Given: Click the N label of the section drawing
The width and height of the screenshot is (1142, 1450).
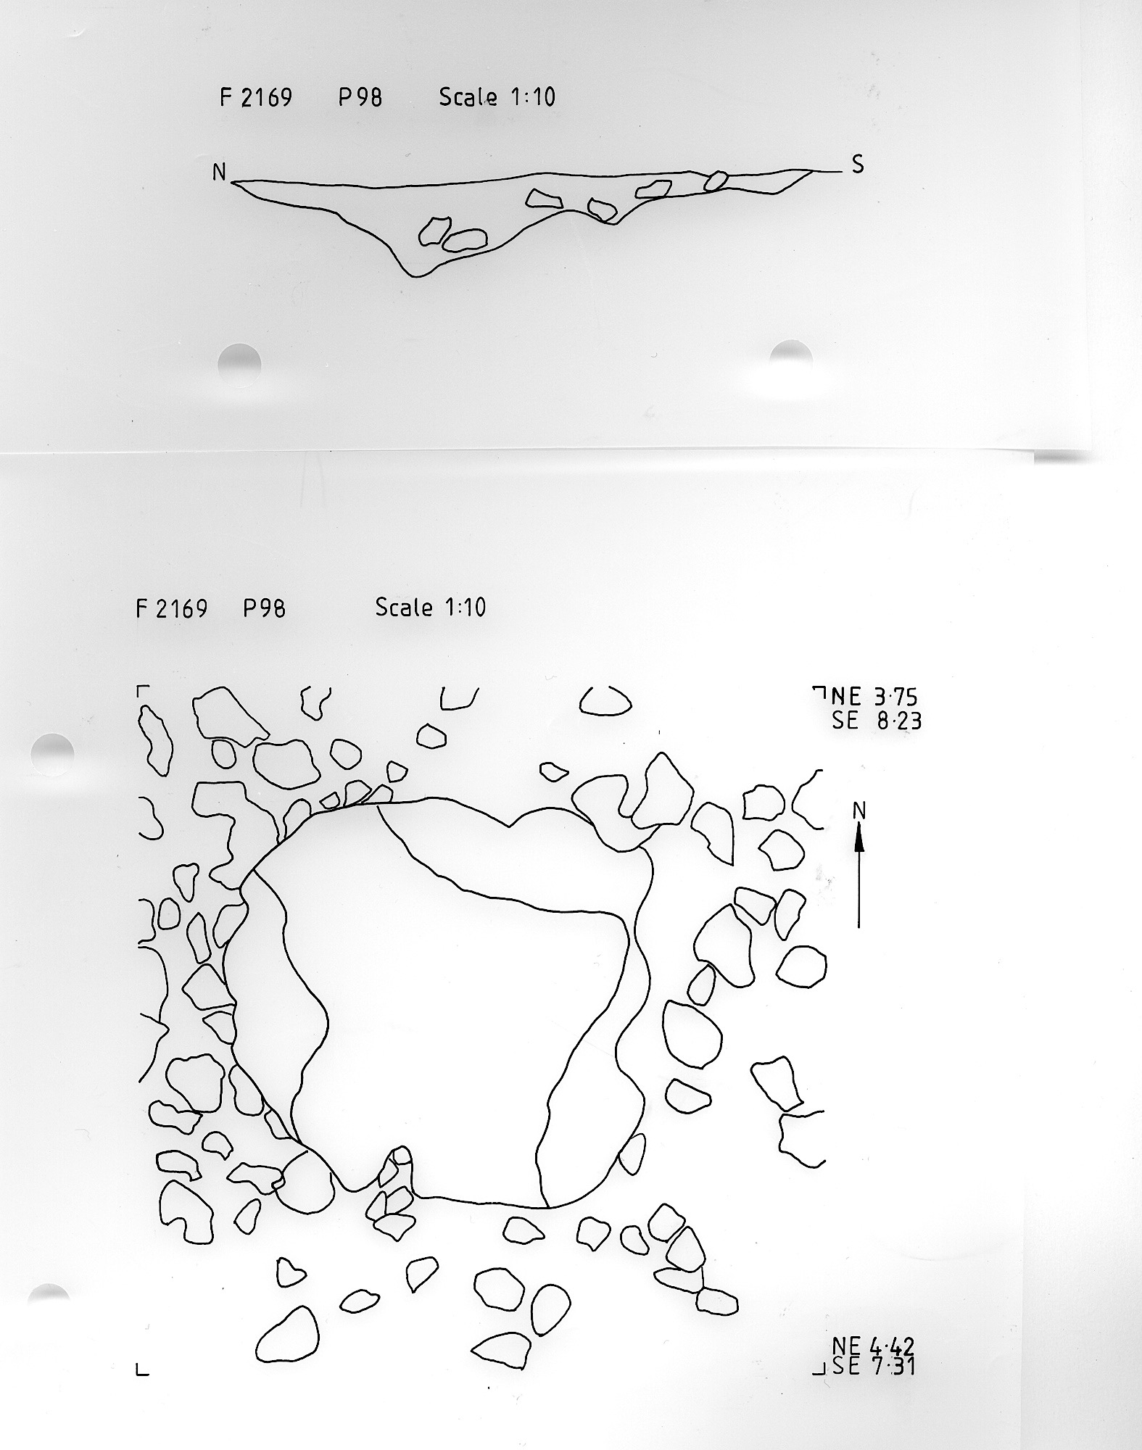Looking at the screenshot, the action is [x=219, y=172].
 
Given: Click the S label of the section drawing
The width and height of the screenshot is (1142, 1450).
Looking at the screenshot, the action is [x=858, y=165].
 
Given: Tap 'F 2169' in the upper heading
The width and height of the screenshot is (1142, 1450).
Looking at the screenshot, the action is [x=256, y=97].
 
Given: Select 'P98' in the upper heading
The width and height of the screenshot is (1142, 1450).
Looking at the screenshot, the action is [x=360, y=97].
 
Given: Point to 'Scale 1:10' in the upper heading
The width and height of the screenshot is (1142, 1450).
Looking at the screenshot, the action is [x=497, y=96].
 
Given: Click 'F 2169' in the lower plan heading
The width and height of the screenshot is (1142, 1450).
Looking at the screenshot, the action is [x=172, y=608].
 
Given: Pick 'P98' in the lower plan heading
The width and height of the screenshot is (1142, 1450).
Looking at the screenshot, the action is [x=264, y=608].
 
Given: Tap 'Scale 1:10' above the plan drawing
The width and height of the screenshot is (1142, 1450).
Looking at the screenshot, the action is [x=431, y=607].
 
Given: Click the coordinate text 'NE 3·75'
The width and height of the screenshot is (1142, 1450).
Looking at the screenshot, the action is [x=874, y=697].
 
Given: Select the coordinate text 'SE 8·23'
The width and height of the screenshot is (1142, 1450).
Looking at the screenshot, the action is [x=877, y=721].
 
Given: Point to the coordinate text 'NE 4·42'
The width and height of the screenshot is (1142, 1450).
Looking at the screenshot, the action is [x=873, y=1346].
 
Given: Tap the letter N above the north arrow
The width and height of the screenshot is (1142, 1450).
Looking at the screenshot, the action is [x=859, y=811].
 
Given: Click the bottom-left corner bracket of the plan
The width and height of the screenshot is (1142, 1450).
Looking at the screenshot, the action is [x=141, y=1371].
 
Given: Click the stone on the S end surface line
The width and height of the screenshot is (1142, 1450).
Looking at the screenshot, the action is [x=716, y=181].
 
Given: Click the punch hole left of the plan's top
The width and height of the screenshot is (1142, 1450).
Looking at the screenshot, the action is [x=53, y=754].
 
